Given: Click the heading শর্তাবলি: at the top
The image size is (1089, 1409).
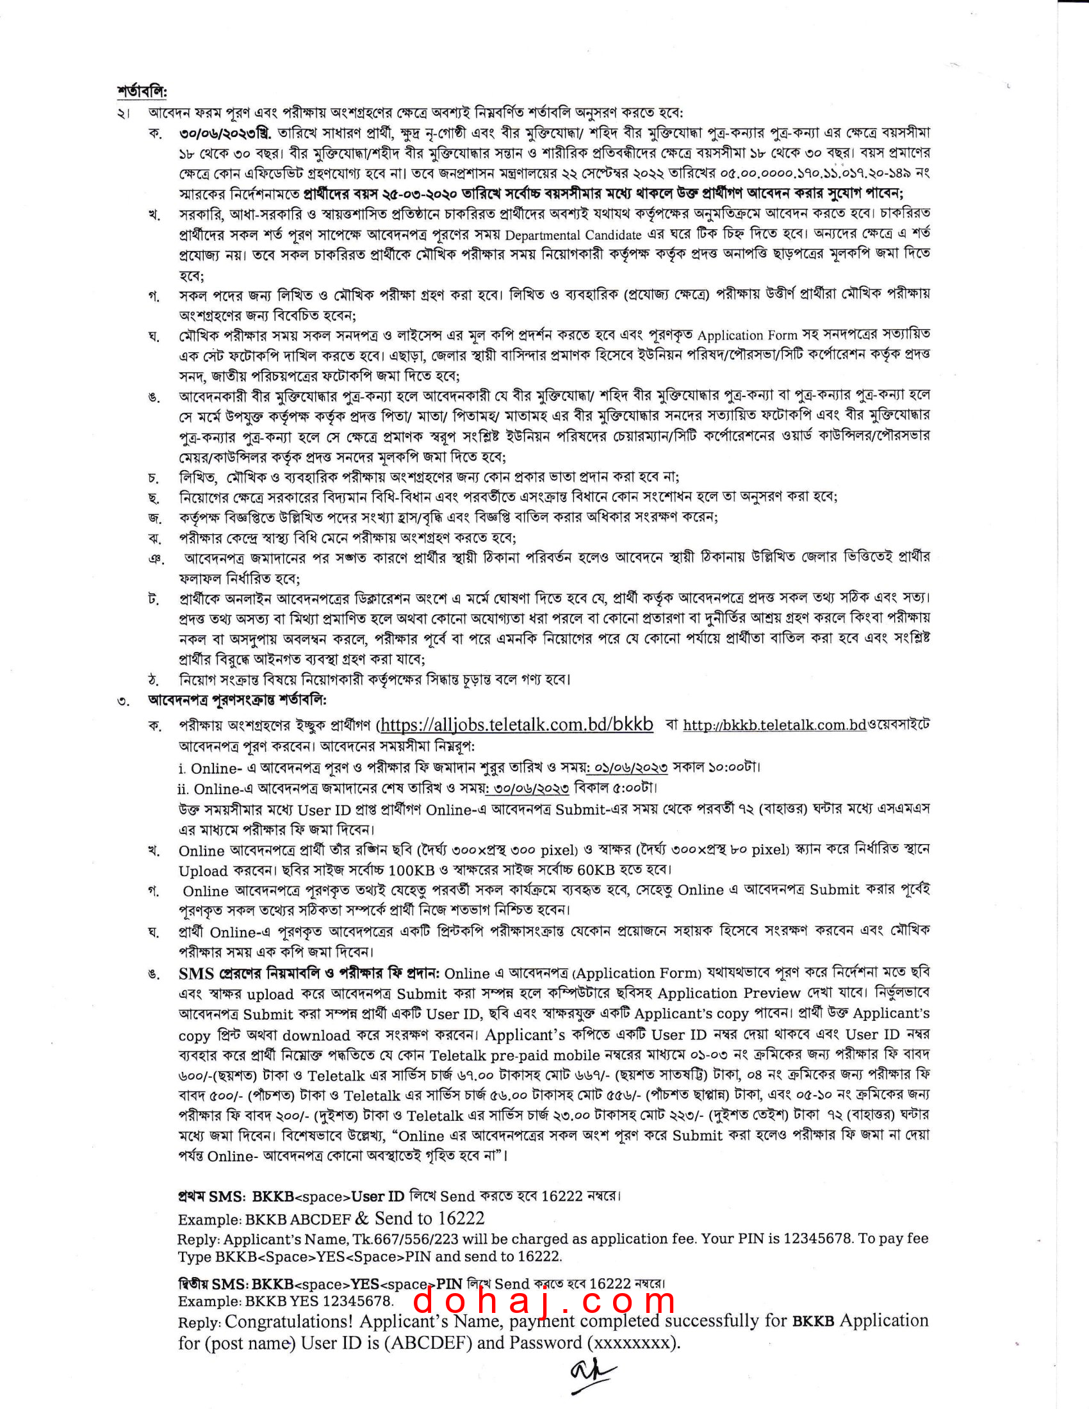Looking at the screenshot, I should tap(142, 92).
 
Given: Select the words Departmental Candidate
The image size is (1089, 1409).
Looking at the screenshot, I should tap(573, 235).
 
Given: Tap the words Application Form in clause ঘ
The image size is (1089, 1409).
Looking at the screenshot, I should tap(747, 336).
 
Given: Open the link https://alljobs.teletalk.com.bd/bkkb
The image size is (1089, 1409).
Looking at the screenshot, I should tap(516, 724).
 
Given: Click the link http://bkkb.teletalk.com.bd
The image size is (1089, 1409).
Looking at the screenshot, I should tap(774, 725).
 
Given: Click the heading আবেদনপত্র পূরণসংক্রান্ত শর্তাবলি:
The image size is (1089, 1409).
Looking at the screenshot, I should tap(238, 700).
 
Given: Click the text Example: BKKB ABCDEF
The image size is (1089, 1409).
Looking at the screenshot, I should tap(265, 1219).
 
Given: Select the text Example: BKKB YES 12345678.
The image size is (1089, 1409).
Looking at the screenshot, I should tap(285, 1301).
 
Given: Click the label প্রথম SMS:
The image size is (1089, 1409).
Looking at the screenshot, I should tap(211, 1197).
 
